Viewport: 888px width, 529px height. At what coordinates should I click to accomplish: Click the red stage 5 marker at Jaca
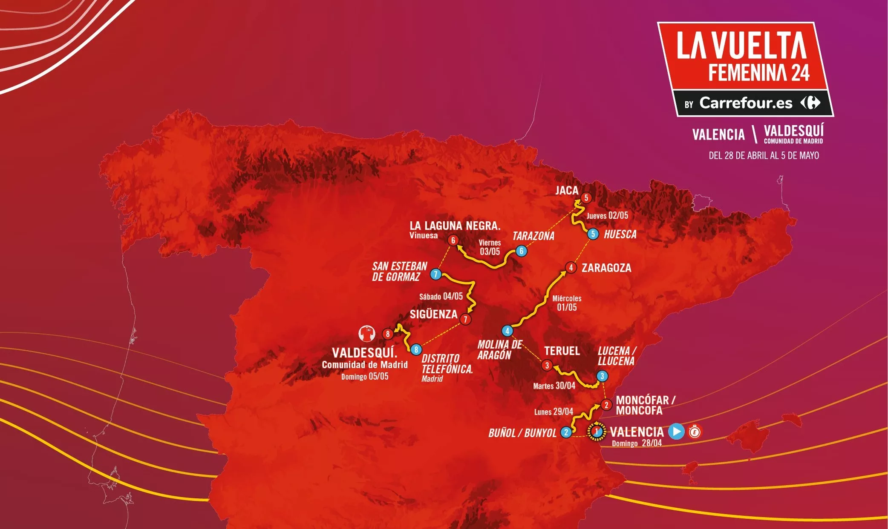(586, 197)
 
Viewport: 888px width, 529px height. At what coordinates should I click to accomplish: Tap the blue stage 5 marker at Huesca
(593, 234)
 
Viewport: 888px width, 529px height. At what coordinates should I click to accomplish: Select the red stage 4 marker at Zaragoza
(571, 267)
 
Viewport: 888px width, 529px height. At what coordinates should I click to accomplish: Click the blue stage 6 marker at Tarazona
(521, 251)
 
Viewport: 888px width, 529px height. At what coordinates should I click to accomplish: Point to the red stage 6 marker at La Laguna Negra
(453, 240)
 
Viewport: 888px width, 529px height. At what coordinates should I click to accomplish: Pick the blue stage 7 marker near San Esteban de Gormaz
(435, 274)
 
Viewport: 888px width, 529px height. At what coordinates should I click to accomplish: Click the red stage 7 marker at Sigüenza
(465, 319)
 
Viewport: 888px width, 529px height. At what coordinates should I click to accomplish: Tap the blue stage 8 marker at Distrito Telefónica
(416, 349)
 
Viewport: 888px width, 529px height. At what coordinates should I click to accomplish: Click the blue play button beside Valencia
(676, 431)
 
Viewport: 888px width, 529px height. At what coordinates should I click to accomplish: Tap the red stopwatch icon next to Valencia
(695, 432)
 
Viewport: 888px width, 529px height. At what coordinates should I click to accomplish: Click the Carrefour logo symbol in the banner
(810, 103)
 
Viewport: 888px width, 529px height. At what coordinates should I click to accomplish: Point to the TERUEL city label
(562, 351)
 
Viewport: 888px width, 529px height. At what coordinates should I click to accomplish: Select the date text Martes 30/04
(554, 386)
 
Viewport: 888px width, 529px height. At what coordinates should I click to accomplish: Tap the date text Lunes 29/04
(554, 412)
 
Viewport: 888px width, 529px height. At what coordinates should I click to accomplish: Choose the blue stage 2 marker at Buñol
(566, 432)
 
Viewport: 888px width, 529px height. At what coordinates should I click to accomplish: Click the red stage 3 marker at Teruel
(547, 365)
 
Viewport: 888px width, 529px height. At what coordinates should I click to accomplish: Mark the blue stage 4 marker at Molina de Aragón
(507, 331)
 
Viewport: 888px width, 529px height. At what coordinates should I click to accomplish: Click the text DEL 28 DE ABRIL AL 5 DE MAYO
(764, 155)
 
